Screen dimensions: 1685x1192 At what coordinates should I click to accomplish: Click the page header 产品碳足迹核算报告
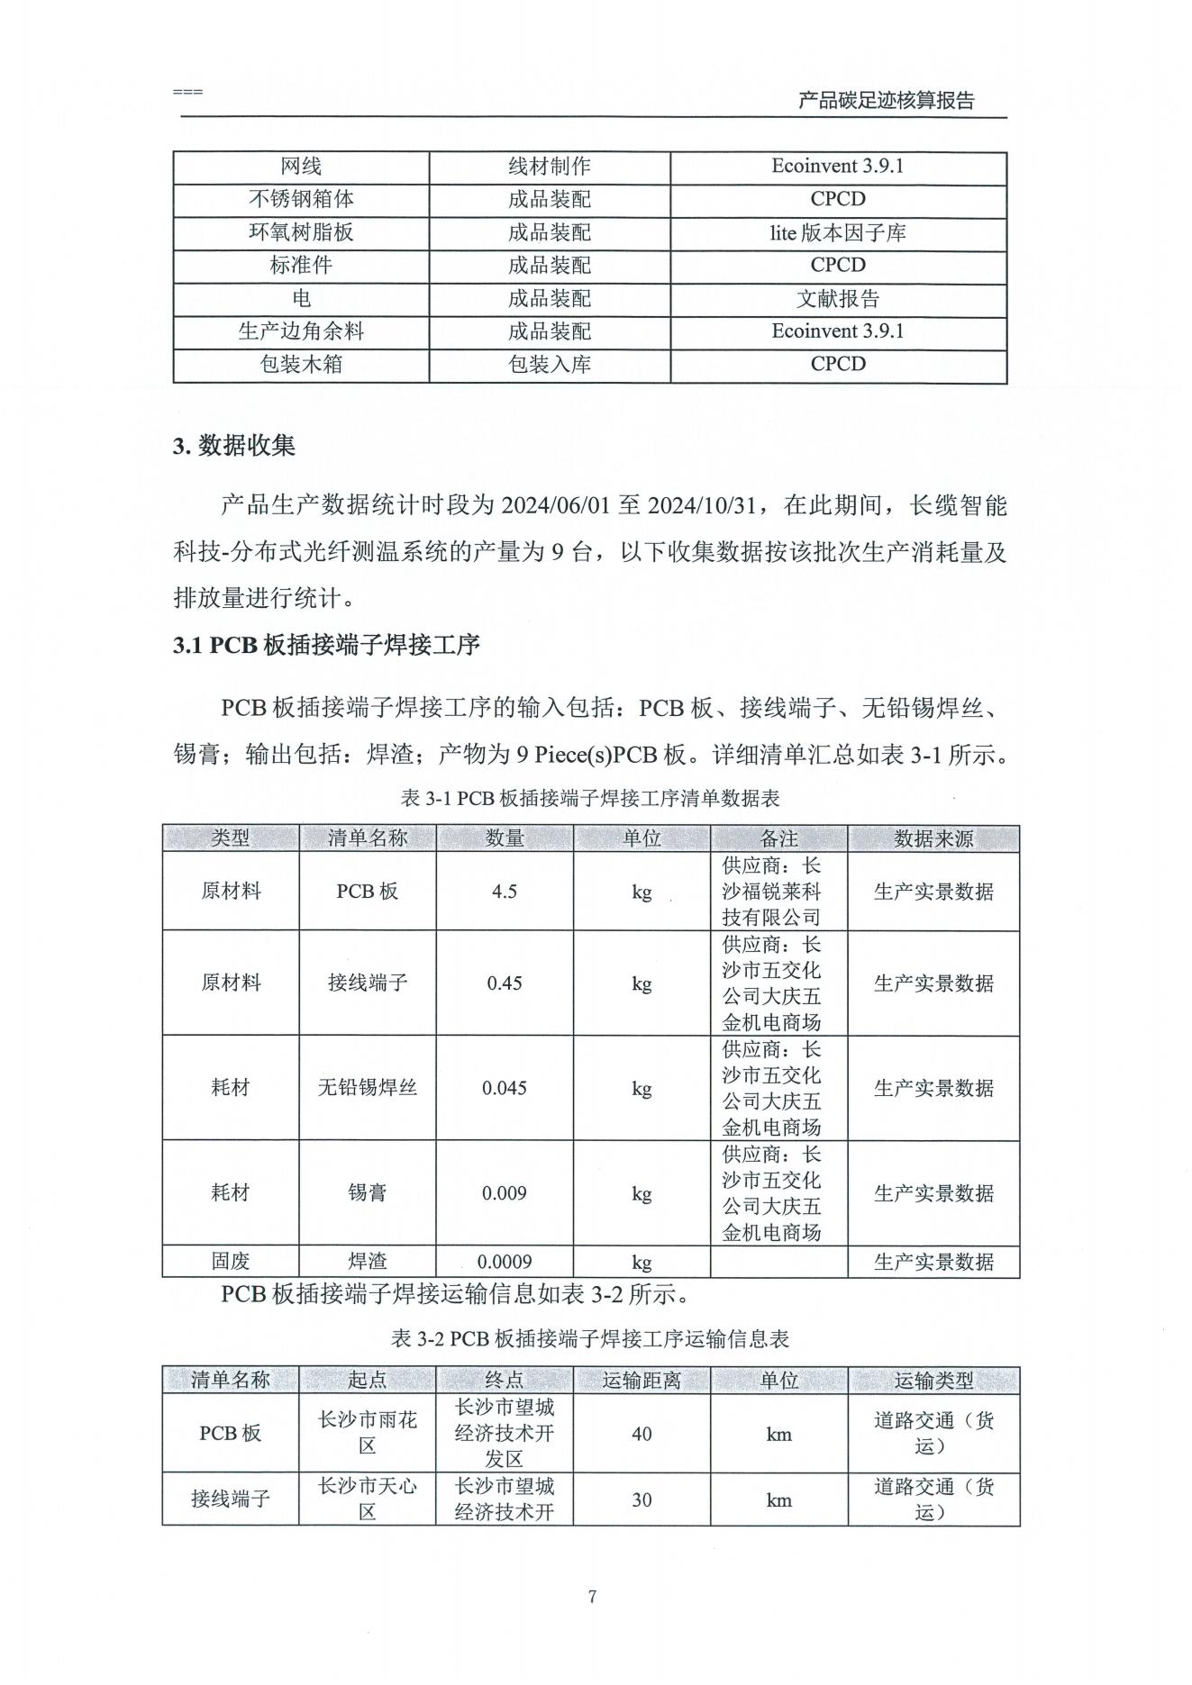pyautogui.click(x=886, y=101)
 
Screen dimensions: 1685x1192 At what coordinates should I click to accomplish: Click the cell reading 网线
pyautogui.click(x=301, y=167)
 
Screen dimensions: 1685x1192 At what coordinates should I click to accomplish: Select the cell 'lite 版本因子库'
pyautogui.click(x=837, y=233)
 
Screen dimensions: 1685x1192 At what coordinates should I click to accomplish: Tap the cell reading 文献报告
pyautogui.click(x=837, y=299)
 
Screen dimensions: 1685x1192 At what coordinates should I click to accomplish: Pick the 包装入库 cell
pyautogui.click(x=549, y=365)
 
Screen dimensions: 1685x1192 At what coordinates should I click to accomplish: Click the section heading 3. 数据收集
pyautogui.click(x=234, y=446)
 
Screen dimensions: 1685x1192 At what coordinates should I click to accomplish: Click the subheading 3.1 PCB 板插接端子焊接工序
pyautogui.click(x=326, y=645)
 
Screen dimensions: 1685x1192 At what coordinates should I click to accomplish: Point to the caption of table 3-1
pyautogui.click(x=590, y=798)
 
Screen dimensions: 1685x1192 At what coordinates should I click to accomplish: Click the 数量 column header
pyautogui.click(x=505, y=838)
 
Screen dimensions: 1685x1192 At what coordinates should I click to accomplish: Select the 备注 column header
pyautogui.click(x=778, y=838)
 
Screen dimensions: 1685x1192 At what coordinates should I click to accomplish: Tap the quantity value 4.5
pyautogui.click(x=505, y=892)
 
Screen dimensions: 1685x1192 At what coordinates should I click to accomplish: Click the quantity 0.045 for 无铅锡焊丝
pyautogui.click(x=505, y=1088)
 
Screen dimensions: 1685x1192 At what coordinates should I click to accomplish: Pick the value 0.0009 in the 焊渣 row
pyautogui.click(x=505, y=1262)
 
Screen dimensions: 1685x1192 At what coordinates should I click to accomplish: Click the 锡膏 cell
pyautogui.click(x=368, y=1193)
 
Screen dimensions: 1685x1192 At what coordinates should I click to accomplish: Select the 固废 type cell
pyautogui.click(x=231, y=1262)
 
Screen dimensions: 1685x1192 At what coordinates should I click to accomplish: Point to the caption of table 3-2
pyautogui.click(x=590, y=1339)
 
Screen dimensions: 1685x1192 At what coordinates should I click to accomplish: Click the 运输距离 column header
pyautogui.click(x=641, y=1380)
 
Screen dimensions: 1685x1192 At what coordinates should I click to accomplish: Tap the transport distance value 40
pyautogui.click(x=641, y=1434)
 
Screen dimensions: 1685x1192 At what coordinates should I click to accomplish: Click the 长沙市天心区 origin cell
pyautogui.click(x=368, y=1499)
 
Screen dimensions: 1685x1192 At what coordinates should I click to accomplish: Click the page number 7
pyautogui.click(x=592, y=1597)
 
